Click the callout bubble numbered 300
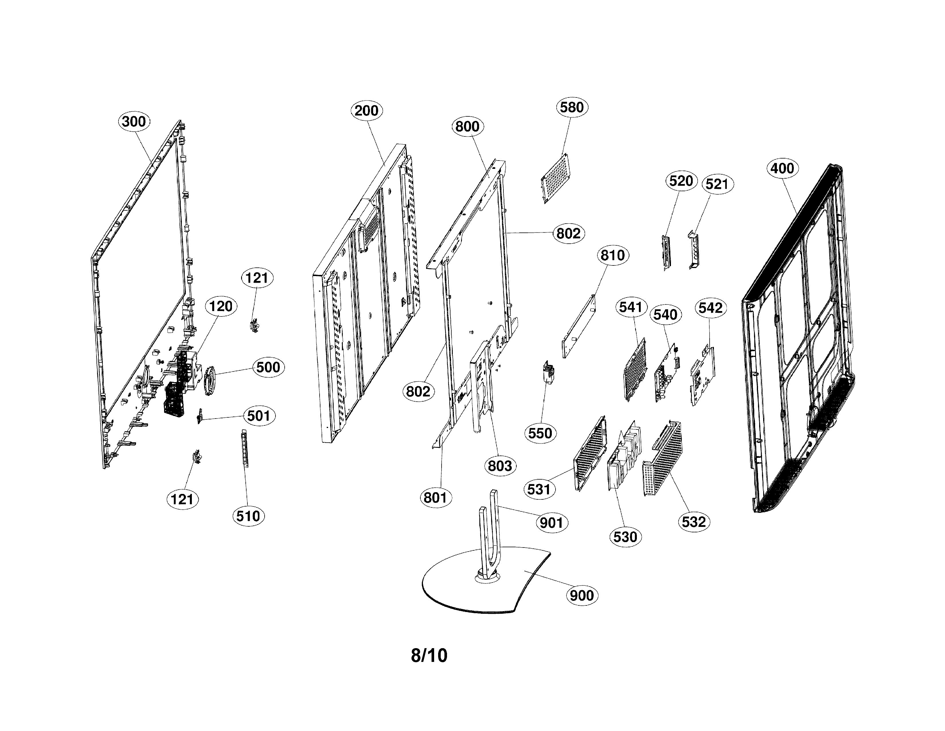134,122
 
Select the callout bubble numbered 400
782,168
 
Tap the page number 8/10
429,656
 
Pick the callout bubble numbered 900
582,595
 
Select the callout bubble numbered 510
248,516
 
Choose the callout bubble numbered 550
540,433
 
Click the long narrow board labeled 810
578,326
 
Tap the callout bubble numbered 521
717,184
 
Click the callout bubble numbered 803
500,466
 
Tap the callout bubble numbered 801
435,498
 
